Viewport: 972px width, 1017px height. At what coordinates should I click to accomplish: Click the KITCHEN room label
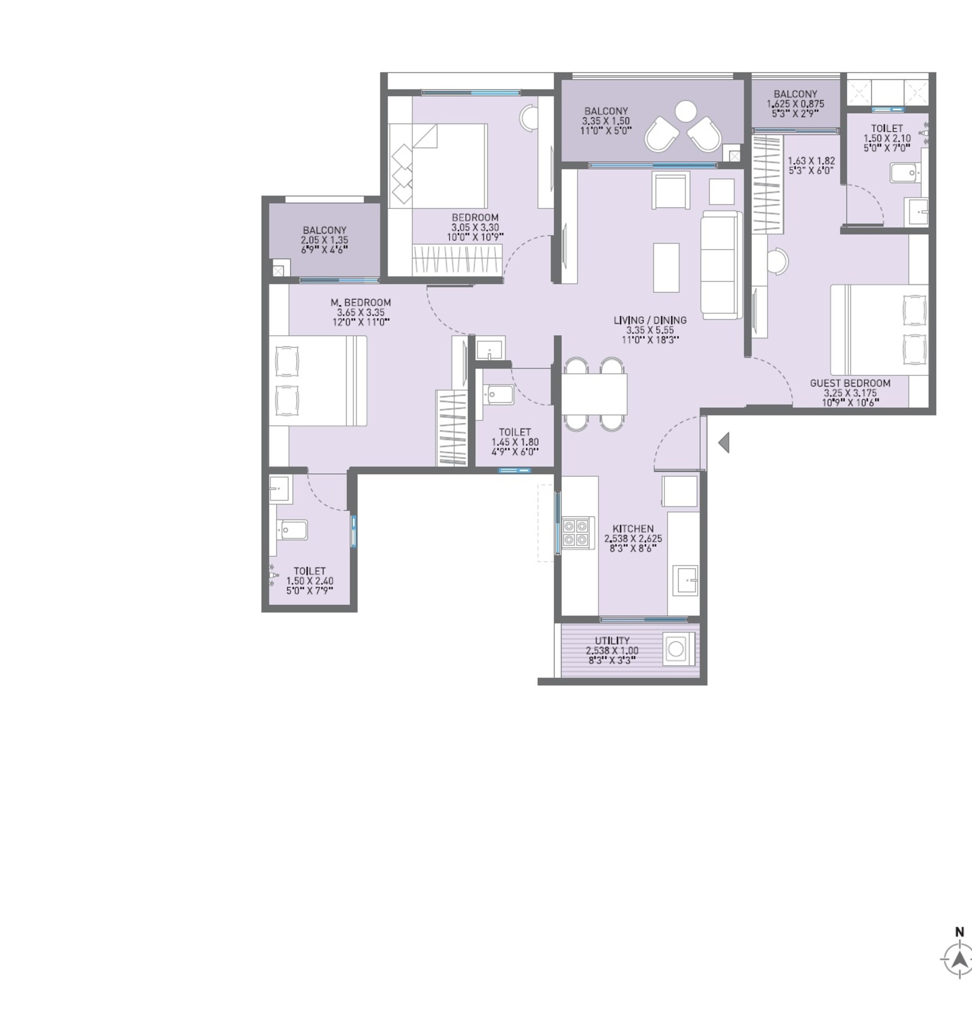633,529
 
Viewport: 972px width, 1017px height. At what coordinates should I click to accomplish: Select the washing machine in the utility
676,649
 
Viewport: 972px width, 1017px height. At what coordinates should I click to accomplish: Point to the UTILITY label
612,641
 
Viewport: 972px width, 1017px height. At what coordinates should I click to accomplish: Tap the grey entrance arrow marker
724,443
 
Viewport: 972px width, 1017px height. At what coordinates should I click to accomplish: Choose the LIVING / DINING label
650,320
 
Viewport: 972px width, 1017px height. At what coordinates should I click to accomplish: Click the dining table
594,394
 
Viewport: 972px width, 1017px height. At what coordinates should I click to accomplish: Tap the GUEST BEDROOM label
850,383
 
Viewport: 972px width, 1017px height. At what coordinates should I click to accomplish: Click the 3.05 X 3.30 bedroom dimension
475,227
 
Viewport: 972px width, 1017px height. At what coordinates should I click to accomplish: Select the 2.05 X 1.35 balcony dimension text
324,240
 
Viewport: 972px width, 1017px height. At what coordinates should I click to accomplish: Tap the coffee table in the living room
666,267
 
